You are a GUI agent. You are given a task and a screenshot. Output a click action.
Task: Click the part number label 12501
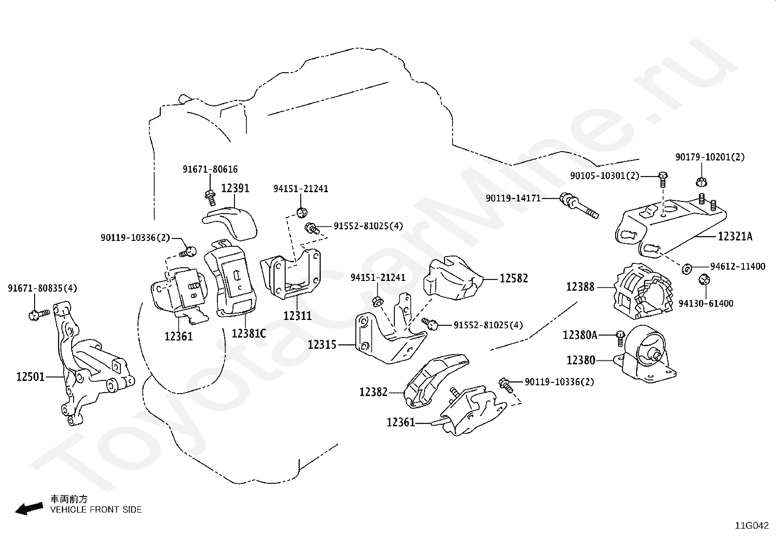[x=31, y=377]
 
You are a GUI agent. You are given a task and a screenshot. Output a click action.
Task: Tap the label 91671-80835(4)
[x=42, y=288]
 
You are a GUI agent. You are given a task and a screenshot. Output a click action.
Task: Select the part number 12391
[x=235, y=188]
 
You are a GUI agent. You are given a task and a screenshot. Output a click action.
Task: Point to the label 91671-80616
[x=210, y=169]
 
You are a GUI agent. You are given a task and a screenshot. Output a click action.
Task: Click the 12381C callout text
[x=249, y=334]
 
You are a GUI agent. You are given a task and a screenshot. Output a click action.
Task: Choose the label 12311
[x=298, y=316]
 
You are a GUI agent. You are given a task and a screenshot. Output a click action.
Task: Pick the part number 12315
[x=322, y=345]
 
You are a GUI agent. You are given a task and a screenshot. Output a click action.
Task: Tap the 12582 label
[x=514, y=278]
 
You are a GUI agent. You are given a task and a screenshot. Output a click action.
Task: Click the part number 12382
[x=373, y=392]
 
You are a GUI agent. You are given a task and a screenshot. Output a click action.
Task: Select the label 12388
[x=580, y=287]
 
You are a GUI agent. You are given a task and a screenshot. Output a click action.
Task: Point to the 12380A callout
[x=580, y=335]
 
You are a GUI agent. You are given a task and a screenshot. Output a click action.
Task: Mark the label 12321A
[x=735, y=237]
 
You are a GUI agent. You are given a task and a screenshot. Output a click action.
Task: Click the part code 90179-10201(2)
[x=710, y=157]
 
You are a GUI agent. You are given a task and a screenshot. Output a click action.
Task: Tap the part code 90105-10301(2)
[x=605, y=176]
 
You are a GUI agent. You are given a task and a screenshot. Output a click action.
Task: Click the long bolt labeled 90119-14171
[x=579, y=206]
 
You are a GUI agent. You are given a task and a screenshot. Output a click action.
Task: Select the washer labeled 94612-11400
[x=687, y=268]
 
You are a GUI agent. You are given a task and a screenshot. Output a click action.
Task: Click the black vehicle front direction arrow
[x=29, y=509]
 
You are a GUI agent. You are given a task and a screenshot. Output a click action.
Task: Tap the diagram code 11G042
[x=752, y=526]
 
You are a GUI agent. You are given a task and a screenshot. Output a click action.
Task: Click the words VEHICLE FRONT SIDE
[x=96, y=510]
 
